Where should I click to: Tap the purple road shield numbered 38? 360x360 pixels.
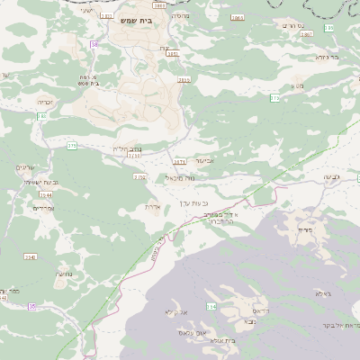94,44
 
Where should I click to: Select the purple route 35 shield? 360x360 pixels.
32,307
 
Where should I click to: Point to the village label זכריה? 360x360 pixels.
46,103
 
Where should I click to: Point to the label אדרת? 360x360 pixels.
152,206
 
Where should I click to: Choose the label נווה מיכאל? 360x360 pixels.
180,178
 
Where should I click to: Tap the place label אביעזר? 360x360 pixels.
204,160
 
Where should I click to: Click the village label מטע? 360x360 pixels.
298,85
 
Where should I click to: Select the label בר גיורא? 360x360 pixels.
327,57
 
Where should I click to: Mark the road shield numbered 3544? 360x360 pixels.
45,194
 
